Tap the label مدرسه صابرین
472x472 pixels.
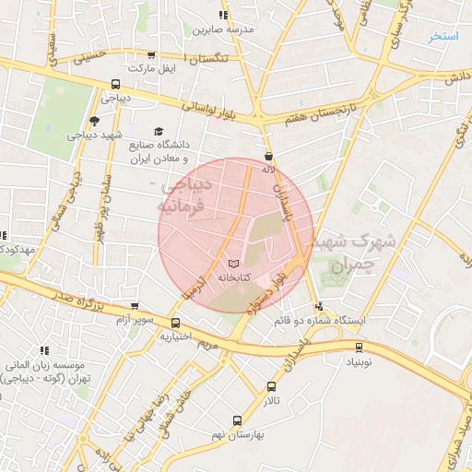click(222, 29)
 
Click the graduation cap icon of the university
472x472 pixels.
click(158, 132)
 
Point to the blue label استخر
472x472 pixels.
click(444, 37)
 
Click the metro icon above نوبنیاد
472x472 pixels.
click(360, 347)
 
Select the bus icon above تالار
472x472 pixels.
click(271, 386)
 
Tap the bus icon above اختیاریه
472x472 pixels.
click(175, 323)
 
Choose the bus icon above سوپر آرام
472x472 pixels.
click(135, 306)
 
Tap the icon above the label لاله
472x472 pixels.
click(268, 156)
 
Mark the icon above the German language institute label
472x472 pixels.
click(43, 350)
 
